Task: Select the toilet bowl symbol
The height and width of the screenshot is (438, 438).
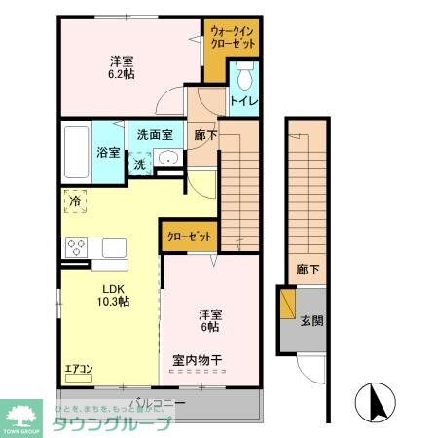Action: point(245,76)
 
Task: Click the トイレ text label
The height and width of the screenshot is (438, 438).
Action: point(243,101)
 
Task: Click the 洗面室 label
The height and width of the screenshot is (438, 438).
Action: point(154,135)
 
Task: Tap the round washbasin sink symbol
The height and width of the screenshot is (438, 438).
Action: point(167,161)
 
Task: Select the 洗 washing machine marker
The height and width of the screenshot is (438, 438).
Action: point(139,164)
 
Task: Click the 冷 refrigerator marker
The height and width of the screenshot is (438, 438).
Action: point(76,202)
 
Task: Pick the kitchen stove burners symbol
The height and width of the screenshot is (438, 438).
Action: point(76,247)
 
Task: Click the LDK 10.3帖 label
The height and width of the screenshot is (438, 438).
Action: point(115,295)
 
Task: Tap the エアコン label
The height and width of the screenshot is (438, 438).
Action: point(79,369)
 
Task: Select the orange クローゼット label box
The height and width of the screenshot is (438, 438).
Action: point(187,236)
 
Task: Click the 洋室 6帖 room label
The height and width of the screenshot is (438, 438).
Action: point(210,320)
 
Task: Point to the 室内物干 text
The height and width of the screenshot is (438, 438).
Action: point(198,361)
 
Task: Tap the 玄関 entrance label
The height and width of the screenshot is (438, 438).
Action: point(310,321)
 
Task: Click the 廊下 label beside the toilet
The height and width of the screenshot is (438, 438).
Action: point(204,136)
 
